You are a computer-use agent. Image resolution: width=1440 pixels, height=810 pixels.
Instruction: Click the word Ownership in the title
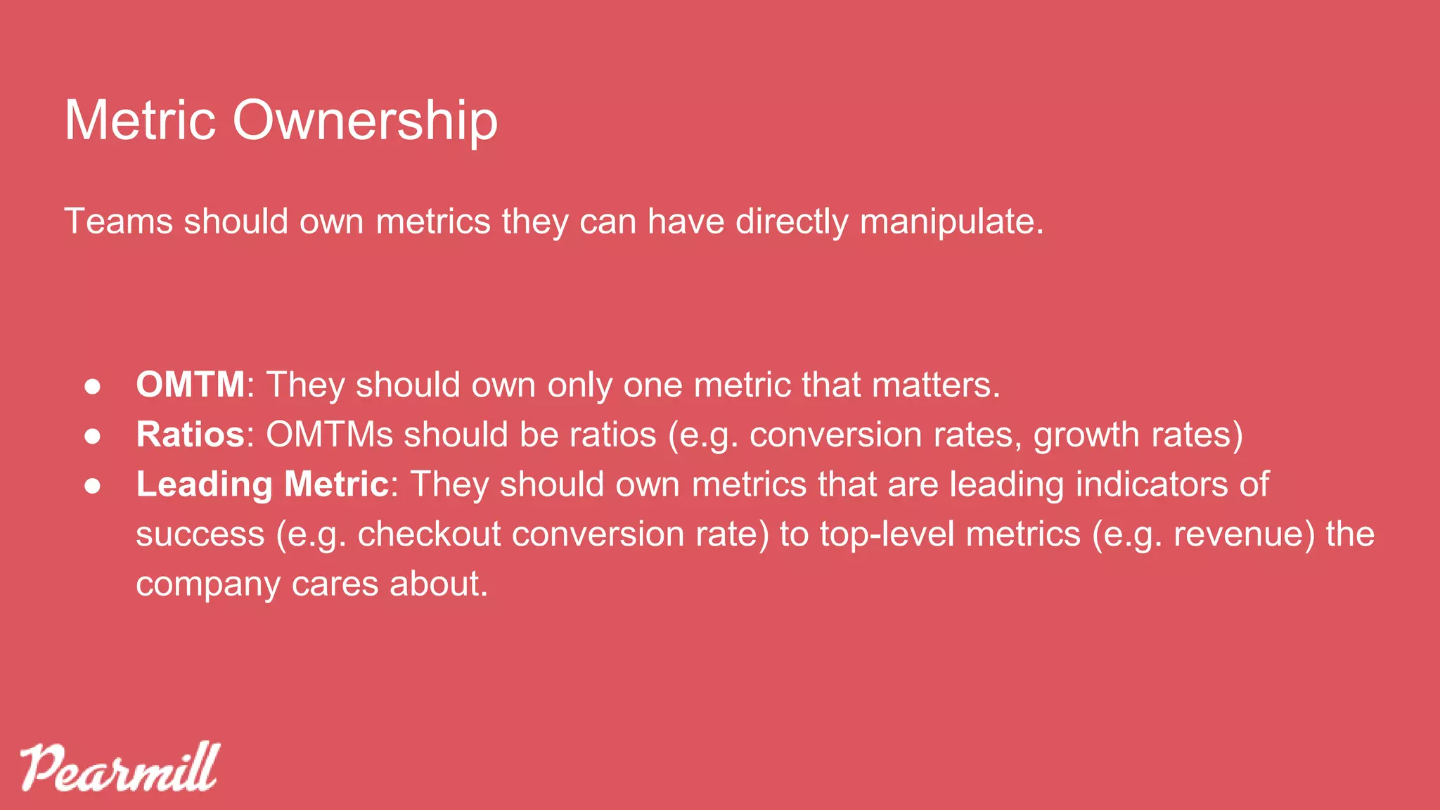click(365, 121)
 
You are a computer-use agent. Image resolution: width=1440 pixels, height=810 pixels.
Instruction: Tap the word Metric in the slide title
click(139, 121)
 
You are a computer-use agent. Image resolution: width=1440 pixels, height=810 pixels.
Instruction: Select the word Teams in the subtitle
click(118, 221)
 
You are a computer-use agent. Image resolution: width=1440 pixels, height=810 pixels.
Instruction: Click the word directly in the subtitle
click(792, 221)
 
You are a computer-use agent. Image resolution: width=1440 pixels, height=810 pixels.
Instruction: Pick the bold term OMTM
click(191, 385)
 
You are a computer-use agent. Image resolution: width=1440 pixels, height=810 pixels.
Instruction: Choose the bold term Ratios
click(191, 435)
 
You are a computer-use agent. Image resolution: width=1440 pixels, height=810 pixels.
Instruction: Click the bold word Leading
click(205, 484)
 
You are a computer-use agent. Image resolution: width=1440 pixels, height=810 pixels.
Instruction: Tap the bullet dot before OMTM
click(92, 386)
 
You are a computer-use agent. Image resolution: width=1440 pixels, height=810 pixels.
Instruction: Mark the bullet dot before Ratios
click(92, 436)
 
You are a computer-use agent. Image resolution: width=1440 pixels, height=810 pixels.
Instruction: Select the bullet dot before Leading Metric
click(92, 486)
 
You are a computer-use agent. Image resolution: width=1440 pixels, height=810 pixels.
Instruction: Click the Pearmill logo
click(120, 767)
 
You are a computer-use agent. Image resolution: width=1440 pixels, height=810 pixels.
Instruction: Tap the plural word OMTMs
click(329, 435)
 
